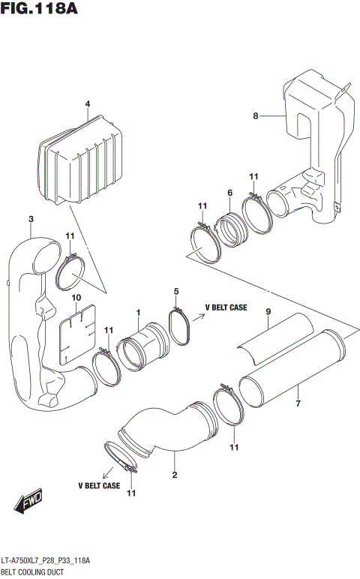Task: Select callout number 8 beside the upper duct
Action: click(x=255, y=115)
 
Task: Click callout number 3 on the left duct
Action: click(x=31, y=219)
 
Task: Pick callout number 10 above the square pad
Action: click(x=75, y=298)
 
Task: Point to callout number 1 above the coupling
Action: click(x=138, y=312)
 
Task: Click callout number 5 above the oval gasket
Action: click(x=176, y=291)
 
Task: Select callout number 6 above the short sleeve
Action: click(x=229, y=193)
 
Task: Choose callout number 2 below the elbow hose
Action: click(x=175, y=475)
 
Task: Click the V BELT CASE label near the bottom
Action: click(x=98, y=485)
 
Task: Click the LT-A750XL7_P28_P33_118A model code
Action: click(x=46, y=561)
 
